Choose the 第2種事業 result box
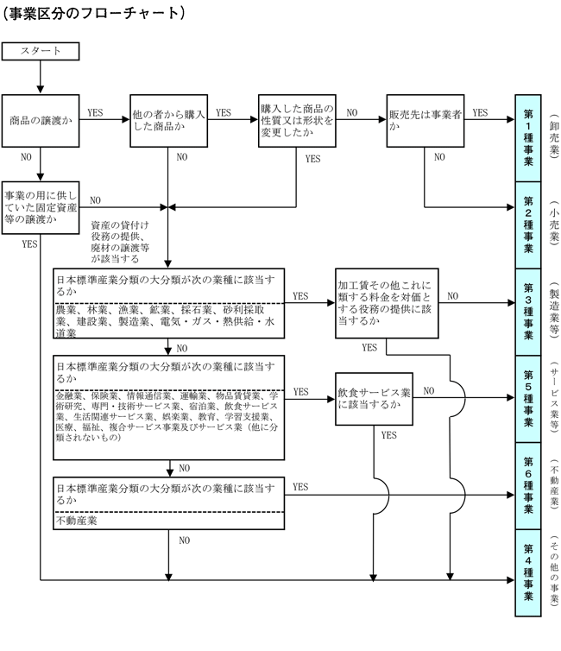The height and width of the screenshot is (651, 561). click(527, 224)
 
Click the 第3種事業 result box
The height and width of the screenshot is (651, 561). click(527, 312)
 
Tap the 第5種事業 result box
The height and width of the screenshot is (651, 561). click(527, 398)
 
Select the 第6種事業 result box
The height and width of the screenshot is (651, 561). click(527, 485)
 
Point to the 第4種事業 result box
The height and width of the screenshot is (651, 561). click(527, 572)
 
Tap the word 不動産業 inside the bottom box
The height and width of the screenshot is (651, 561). click(76, 521)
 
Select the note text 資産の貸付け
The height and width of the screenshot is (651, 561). click(120, 225)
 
